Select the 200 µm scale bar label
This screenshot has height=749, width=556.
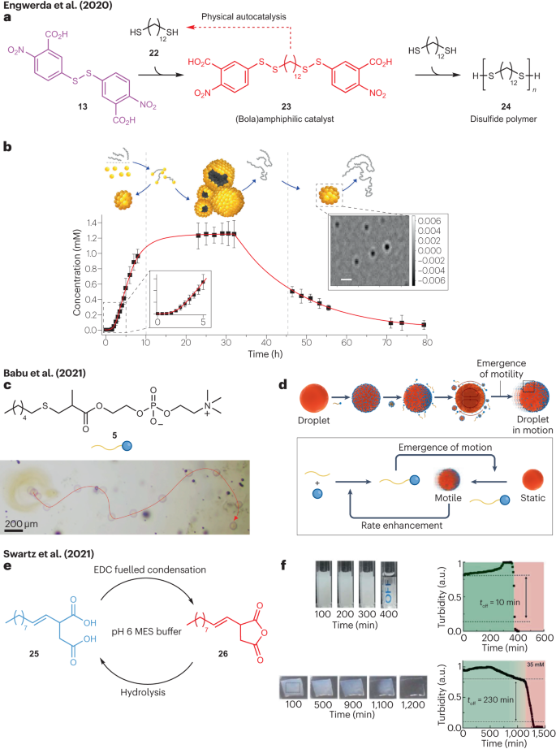[x=25, y=527]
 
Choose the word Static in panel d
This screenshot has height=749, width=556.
[x=508, y=500]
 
